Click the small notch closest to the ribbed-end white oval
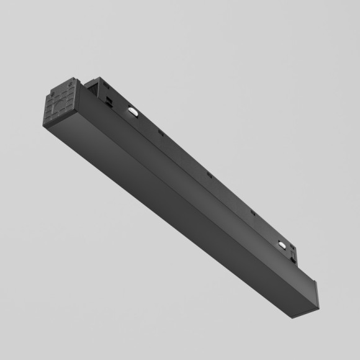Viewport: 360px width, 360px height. pos(160,132)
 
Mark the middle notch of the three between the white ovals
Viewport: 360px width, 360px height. pos(209,174)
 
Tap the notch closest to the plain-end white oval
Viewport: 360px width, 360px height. pos(253,212)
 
